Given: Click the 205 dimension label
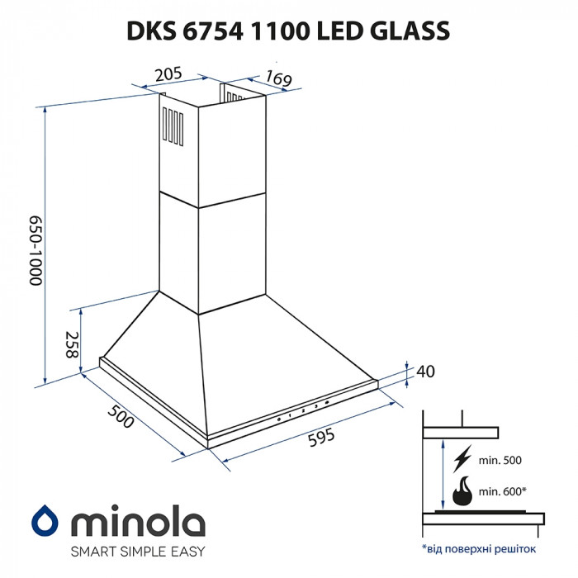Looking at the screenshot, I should point(168,73).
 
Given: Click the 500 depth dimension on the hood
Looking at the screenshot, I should point(121,417).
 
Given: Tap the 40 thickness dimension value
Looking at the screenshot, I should point(425,372).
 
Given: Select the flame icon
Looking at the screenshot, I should point(462,490).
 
